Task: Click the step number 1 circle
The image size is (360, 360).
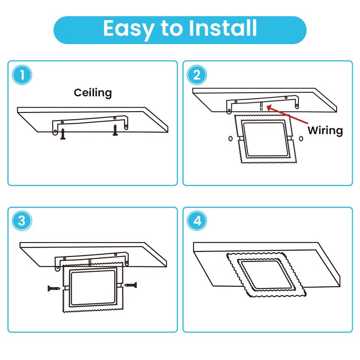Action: coord(22,75)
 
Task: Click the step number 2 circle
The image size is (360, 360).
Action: coord(197,75)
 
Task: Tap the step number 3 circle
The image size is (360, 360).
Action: coord(22,221)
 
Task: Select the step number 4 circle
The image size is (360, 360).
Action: coord(197,221)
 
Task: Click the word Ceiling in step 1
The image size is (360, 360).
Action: coord(93,93)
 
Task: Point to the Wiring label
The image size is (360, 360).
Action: coord(325,130)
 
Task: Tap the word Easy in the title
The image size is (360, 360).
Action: coord(129,29)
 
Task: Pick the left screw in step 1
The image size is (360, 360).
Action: coord(63,134)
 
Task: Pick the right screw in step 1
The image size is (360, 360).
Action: coord(115,130)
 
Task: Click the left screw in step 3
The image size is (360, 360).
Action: coord(54,288)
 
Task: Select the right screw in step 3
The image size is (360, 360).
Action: coord(130,285)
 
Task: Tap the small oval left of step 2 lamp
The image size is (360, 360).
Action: coord(230,139)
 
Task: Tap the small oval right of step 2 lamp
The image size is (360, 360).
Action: coord(301,139)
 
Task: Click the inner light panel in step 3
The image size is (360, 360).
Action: coord(93,288)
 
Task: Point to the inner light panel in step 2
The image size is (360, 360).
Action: coord(265,139)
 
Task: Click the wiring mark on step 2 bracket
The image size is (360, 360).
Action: coord(261,106)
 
